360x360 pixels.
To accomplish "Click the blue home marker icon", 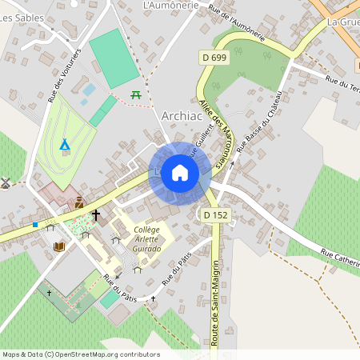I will [180, 173].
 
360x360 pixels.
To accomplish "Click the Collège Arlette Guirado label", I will [147, 239].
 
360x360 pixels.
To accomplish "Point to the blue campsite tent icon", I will [65, 145].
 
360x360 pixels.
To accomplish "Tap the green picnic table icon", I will [136, 95].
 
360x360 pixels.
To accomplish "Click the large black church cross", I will [97, 215].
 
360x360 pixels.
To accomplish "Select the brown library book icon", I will [58, 247].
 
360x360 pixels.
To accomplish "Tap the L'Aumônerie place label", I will [169, 6].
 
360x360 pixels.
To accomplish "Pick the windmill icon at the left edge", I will [5, 182].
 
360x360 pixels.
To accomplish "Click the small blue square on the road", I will [35, 225].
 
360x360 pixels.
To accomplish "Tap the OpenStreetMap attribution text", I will [80, 354].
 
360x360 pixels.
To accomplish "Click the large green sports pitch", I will [114, 60].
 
